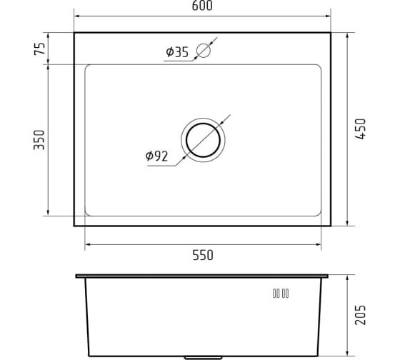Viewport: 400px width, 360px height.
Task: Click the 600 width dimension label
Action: point(202,6)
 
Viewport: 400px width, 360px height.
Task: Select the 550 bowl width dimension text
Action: point(203,255)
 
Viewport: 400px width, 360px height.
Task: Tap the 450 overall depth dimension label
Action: point(361,129)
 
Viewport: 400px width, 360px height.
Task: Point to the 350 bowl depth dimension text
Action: point(39,140)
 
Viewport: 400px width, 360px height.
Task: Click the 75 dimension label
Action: point(39,49)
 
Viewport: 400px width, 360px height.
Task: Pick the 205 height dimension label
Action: point(361,315)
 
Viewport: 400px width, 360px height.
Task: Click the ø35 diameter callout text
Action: point(177,52)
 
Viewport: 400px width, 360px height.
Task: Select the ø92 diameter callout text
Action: point(156,156)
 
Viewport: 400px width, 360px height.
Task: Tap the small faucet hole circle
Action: point(204,51)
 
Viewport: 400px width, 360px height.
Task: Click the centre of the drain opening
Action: point(203,140)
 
